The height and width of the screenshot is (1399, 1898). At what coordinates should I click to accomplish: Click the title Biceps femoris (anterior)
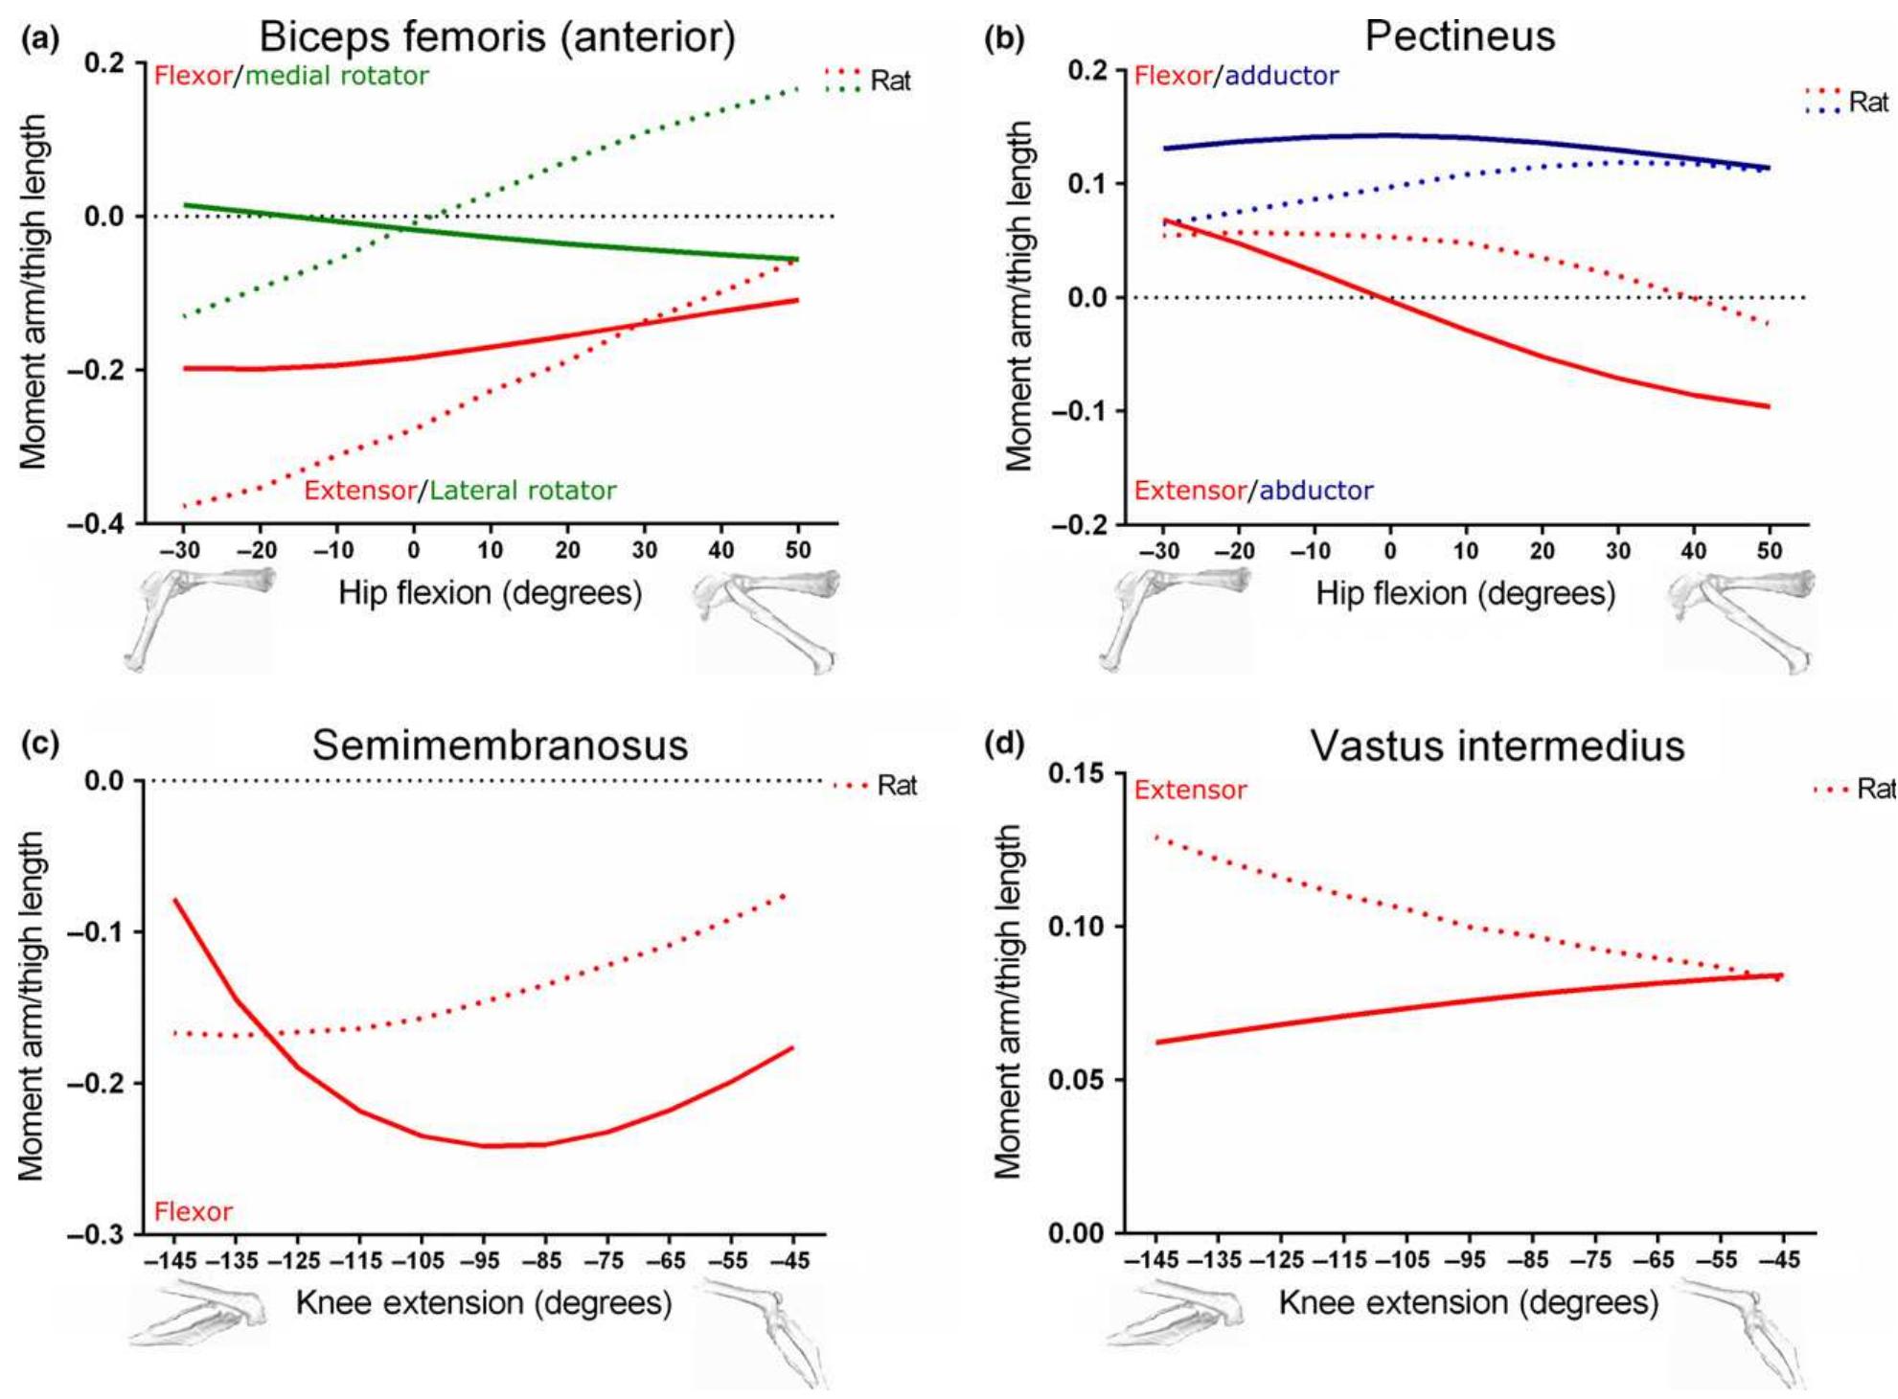click(x=497, y=37)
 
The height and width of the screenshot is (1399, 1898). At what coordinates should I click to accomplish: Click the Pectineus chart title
click(x=1459, y=36)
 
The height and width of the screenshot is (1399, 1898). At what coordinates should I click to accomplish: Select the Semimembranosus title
click(x=499, y=745)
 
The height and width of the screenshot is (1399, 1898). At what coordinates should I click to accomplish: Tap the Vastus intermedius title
click(x=1497, y=745)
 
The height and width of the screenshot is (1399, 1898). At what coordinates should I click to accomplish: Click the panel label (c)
click(x=39, y=744)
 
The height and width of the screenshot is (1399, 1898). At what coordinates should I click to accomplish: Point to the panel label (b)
click(x=1005, y=38)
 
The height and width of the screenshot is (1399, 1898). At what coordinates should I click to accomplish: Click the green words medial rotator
click(x=337, y=76)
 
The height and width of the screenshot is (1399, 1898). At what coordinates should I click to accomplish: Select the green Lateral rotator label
click(x=522, y=491)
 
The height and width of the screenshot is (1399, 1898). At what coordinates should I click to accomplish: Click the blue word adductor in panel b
click(x=1281, y=76)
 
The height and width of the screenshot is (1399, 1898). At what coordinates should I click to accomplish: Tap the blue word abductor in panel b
click(x=1315, y=491)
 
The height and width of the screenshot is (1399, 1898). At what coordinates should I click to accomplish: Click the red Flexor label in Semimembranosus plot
click(x=194, y=1212)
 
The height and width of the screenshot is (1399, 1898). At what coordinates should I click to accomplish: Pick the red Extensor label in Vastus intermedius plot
click(x=1190, y=791)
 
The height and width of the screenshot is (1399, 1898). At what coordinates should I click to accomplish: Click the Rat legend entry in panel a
click(x=889, y=81)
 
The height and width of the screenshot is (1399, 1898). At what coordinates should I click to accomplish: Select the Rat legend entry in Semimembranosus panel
click(x=896, y=786)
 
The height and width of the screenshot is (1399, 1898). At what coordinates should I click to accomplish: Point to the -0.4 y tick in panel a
click(x=96, y=524)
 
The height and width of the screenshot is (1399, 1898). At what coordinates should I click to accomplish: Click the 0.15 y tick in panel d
click(x=1076, y=773)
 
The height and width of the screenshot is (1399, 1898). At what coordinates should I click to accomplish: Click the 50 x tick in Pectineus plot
click(x=1769, y=551)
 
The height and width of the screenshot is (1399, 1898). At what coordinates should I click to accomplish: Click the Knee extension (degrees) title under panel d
click(x=1468, y=1303)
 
